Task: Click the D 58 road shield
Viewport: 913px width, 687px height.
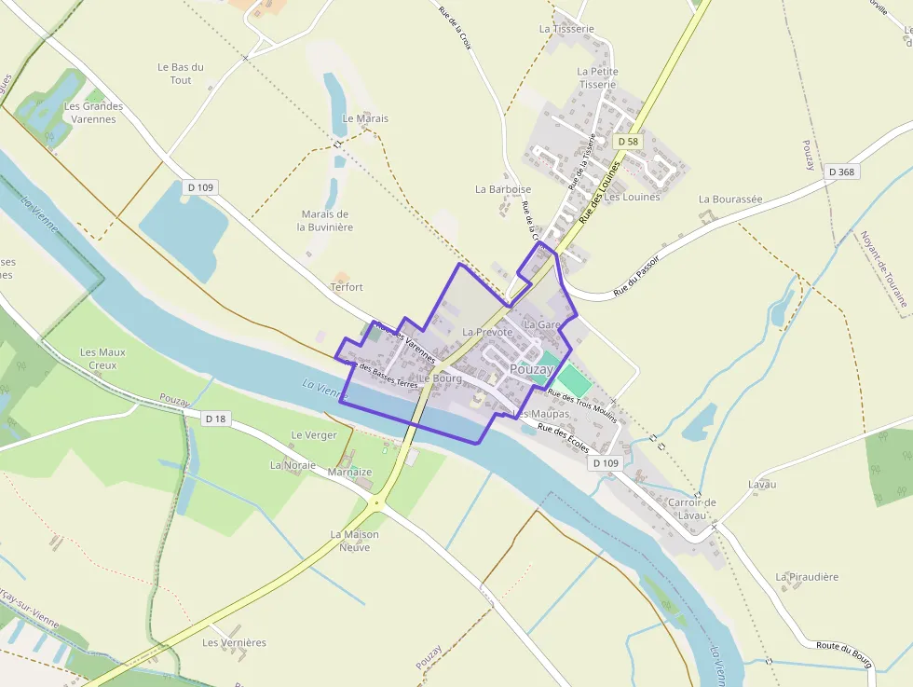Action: [x=628, y=142]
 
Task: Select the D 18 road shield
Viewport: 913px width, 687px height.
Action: [x=215, y=419]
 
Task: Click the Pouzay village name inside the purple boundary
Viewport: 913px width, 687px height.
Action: [x=532, y=369]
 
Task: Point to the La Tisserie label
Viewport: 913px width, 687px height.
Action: [x=566, y=29]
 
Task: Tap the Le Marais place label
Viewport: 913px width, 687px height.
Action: [x=365, y=118]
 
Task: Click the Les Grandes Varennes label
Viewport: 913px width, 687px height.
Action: [x=93, y=113]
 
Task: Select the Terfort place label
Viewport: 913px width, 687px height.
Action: [x=347, y=287]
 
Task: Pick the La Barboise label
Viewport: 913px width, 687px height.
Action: [x=503, y=189]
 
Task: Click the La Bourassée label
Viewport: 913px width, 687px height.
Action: [x=730, y=199]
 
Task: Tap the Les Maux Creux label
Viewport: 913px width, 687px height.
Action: [x=102, y=359]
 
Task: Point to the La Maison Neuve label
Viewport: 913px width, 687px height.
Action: [x=355, y=541]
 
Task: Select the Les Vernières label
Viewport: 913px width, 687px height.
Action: [x=234, y=643]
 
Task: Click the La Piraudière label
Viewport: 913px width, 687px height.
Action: [x=807, y=577]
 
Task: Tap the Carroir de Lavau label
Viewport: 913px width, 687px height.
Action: [x=691, y=509]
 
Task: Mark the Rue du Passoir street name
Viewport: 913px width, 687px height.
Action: [x=636, y=277]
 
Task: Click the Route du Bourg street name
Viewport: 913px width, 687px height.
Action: [x=843, y=653]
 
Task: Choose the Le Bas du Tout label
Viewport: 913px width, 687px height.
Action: [x=181, y=74]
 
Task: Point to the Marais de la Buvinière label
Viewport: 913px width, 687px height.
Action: [x=325, y=221]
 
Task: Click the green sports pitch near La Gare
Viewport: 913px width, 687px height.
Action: [x=575, y=380]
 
